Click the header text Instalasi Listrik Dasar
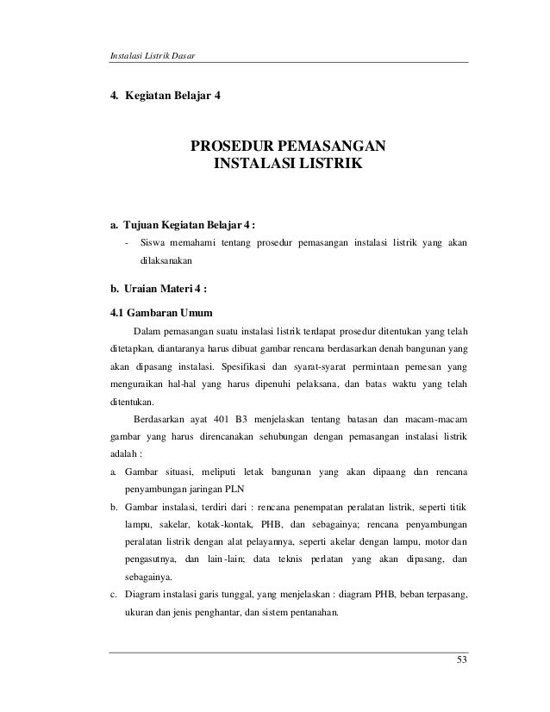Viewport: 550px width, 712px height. tap(148, 57)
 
